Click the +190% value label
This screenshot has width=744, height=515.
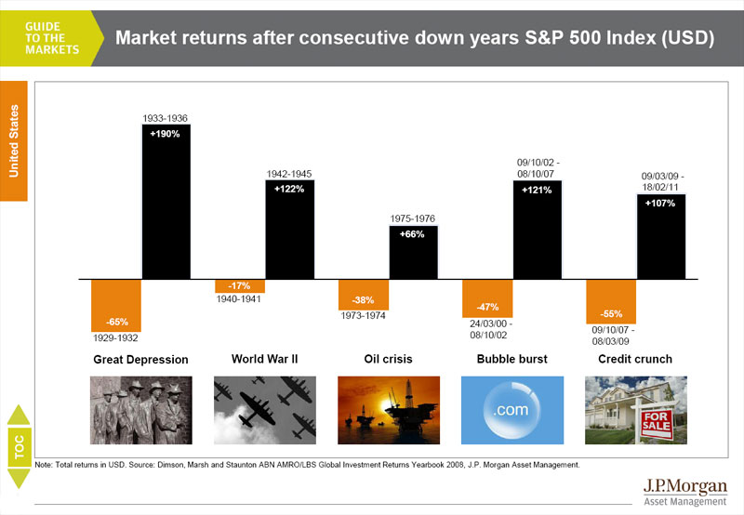[x=166, y=133]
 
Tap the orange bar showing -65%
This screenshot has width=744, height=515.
[x=116, y=306]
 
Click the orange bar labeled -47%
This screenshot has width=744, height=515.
[x=488, y=298]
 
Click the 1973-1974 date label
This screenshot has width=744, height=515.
[x=362, y=316]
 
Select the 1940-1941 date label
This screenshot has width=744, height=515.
[x=239, y=299]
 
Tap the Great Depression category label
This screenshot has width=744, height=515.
[x=141, y=359]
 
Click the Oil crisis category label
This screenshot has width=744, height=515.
[x=388, y=359]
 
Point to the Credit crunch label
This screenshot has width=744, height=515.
[x=636, y=359]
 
